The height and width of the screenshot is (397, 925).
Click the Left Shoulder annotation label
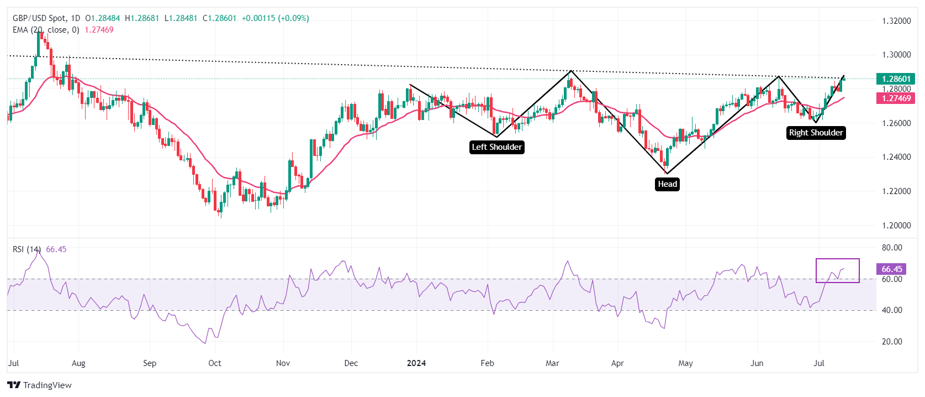coord(496,147)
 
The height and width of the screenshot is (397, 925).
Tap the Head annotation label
coord(667,184)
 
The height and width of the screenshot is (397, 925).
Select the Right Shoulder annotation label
coord(816,133)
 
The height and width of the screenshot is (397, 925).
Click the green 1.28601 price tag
coord(895,79)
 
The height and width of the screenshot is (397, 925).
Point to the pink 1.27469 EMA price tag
coord(895,98)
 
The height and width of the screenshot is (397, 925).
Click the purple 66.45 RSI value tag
coord(891,269)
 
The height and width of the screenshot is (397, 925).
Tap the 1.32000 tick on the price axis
coord(896,21)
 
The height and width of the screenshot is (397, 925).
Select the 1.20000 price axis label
coord(896,226)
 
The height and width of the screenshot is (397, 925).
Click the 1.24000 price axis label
coord(896,157)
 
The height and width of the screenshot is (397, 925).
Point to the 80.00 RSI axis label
coord(892,248)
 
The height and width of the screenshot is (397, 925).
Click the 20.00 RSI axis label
coord(892,342)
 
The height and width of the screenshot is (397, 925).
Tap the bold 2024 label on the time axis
coord(416,363)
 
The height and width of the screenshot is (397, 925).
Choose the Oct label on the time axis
coord(215,363)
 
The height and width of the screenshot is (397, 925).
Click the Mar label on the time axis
coord(552,363)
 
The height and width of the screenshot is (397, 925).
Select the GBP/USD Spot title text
coord(39,18)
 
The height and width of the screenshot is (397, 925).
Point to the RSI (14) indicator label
coord(27,249)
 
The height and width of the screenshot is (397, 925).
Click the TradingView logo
coord(40,385)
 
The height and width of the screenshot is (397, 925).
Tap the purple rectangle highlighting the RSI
coord(837,270)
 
